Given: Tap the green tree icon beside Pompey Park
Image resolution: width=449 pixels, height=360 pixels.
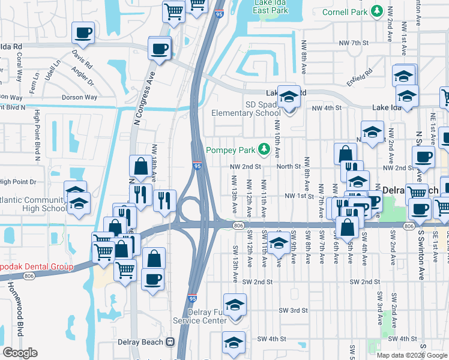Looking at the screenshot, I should (x=263, y=149).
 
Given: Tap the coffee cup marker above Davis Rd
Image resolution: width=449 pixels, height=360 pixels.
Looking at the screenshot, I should (x=83, y=33).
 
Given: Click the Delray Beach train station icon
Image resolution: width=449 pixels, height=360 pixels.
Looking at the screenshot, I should (x=170, y=342).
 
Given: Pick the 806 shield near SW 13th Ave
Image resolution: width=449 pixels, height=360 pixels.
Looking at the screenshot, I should (x=238, y=225).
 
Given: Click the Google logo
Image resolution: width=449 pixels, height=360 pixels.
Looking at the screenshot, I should (x=20, y=353).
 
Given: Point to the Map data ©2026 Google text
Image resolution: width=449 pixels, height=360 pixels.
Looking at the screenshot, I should (x=411, y=355).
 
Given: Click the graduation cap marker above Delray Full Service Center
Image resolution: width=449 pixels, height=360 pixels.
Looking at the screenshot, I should (x=235, y=304).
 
